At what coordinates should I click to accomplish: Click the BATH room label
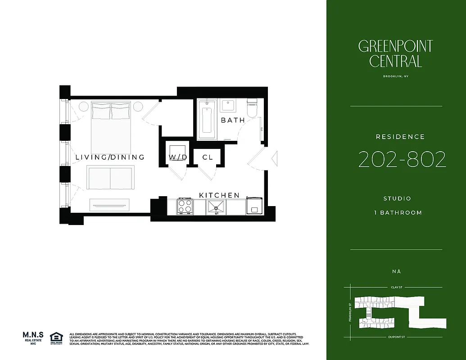click(233, 120)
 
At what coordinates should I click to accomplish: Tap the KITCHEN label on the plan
click(219, 195)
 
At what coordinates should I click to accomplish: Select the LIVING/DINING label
click(110, 157)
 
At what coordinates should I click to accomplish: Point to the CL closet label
click(208, 157)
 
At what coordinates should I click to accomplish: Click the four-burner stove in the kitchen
click(185, 207)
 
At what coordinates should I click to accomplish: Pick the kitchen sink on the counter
click(216, 207)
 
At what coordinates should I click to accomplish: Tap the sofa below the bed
click(110, 177)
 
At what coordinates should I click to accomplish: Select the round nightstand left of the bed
click(84, 107)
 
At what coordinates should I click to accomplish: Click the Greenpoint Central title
click(396, 53)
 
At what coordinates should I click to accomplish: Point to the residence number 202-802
click(402, 159)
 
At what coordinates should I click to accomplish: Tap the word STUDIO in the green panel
click(397, 198)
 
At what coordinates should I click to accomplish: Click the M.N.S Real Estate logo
click(33, 337)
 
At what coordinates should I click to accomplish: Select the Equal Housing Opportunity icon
click(56, 338)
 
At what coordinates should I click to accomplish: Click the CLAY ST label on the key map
click(396, 287)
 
